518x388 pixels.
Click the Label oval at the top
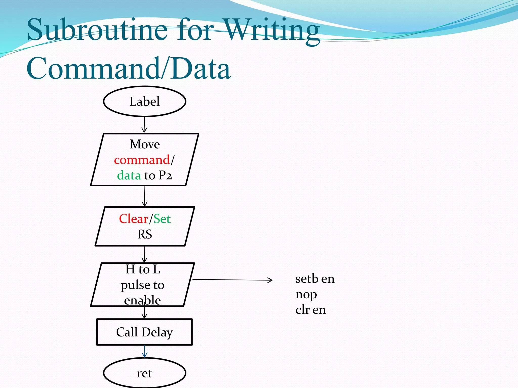tap(145, 101)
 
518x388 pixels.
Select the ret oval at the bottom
tap(145, 373)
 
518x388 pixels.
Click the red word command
tap(142, 160)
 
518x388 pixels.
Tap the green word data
tap(129, 175)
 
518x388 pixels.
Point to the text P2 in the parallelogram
tap(165, 175)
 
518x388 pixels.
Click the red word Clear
tap(134, 219)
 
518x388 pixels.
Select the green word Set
tap(162, 219)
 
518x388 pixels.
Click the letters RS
tap(145, 234)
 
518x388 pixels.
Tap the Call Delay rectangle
tap(144, 332)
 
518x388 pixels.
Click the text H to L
tap(143, 269)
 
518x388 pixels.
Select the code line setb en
tap(315, 279)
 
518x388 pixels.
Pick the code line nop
tap(306, 294)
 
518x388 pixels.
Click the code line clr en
tap(311, 310)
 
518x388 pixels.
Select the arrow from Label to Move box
tap(144, 125)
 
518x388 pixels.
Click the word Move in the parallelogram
tap(145, 144)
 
